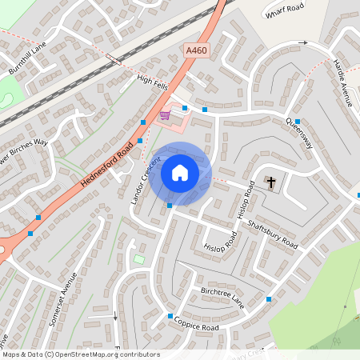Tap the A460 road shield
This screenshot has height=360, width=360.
pos(196,50)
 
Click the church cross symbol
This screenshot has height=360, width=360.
pos(271,182)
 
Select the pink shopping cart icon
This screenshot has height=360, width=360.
pos(165,115)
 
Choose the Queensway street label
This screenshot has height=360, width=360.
pos(299,131)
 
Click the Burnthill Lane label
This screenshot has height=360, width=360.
pos(28,59)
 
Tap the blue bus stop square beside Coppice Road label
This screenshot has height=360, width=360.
pos(170,317)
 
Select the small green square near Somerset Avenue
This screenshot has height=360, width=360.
pos(138,259)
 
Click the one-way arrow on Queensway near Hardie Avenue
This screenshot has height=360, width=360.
pos(302,42)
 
